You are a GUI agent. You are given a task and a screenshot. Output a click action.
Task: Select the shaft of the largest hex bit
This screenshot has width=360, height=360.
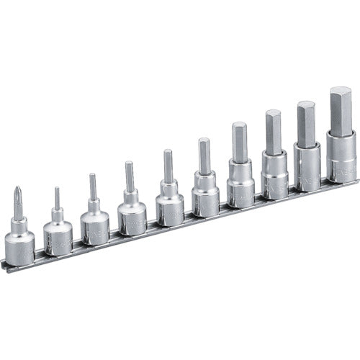click(341, 107)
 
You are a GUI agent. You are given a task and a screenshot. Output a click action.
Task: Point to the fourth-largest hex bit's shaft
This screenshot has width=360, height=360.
click(239, 141)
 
